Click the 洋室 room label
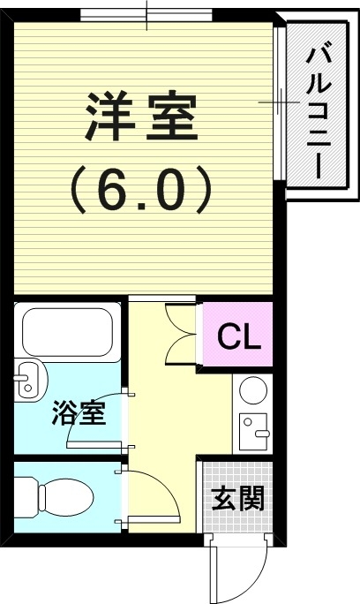pos(141,117)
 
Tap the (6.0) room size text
pos(141,190)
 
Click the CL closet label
pos(239,336)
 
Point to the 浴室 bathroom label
pos(79,412)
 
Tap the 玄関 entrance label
pos(238,498)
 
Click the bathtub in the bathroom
pos(66,332)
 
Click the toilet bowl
pos(65,497)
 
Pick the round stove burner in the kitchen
pos(253,389)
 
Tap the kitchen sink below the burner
pos(253,432)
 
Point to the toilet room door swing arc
pos(167,487)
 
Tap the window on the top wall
pos(146,16)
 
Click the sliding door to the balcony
pos(281,102)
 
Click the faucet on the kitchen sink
pos(261,434)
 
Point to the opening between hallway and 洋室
pos(162,298)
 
